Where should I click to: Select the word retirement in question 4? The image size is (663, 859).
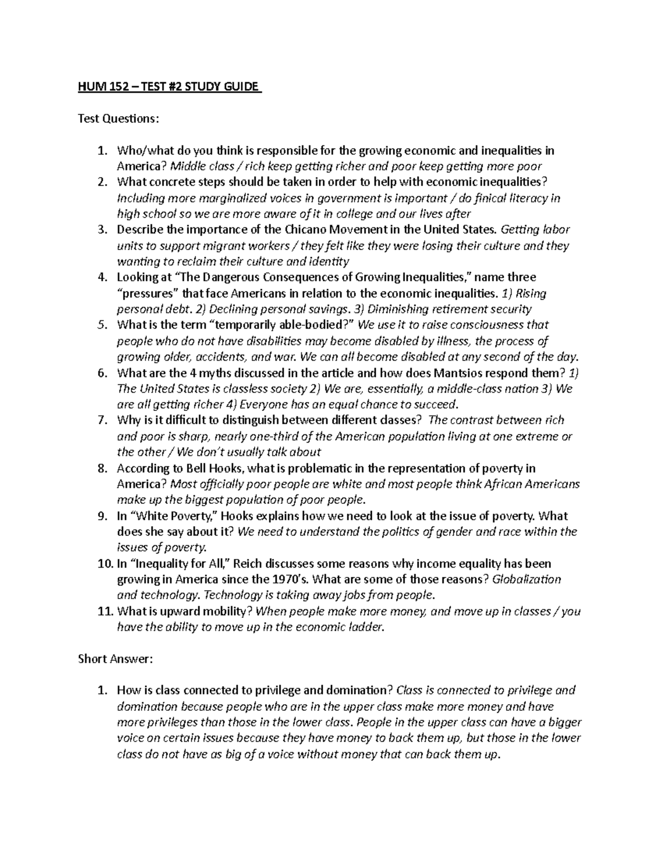[x=465, y=309]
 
